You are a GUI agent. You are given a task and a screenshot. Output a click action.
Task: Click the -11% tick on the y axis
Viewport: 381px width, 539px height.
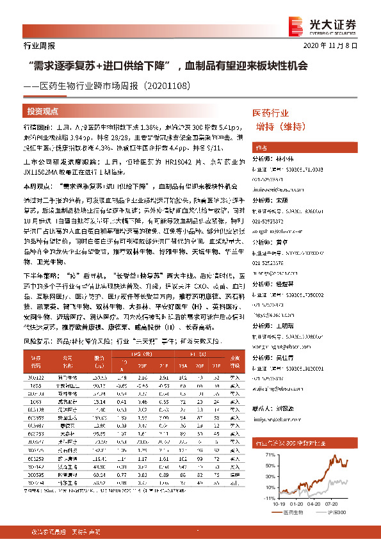point(270,496)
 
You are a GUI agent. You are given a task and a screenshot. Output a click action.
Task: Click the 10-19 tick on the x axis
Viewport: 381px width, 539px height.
point(280,504)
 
